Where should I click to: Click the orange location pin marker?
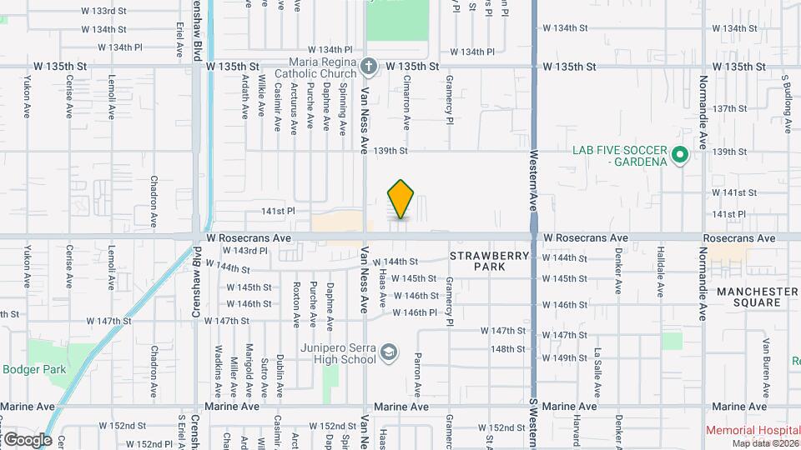coord(400,199)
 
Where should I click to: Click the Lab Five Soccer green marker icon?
coord(680,155)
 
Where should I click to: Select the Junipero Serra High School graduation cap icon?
coord(388,353)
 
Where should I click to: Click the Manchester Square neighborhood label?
coord(757,297)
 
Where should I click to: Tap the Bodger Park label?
coord(28,369)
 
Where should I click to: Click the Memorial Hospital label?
coord(752,431)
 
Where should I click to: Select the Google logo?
coord(27,439)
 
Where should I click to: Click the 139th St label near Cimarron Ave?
coord(391,151)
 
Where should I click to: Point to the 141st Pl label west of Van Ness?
coord(280,212)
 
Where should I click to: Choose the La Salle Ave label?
coord(597,366)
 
